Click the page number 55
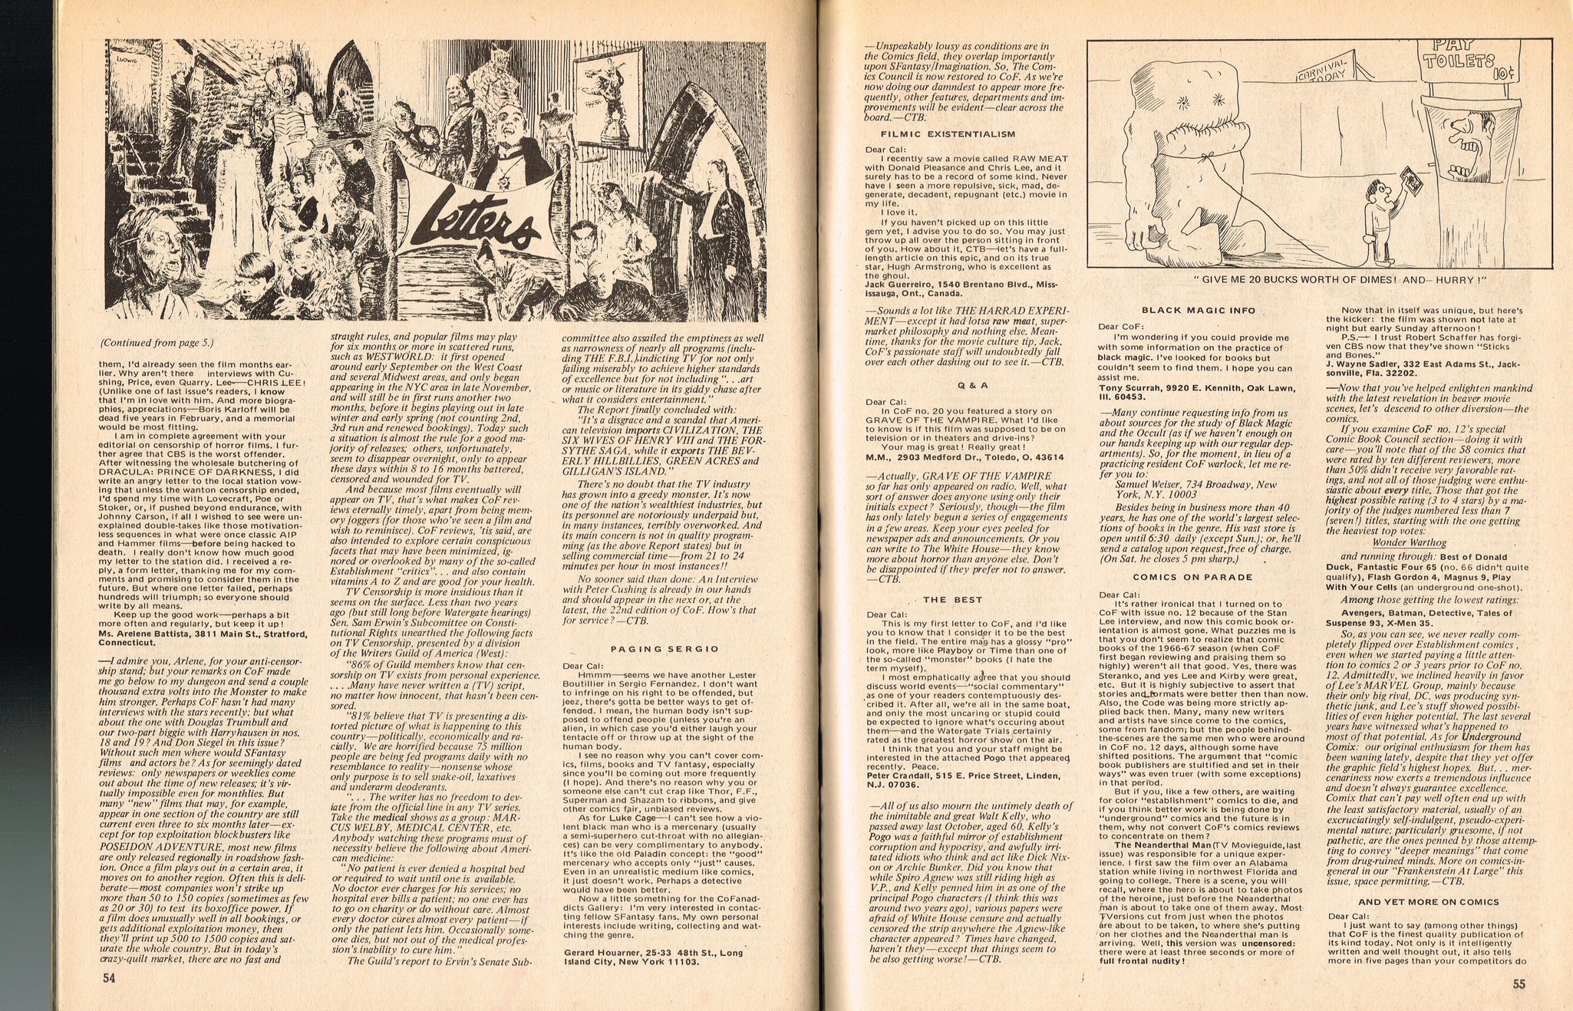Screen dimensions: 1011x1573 click(x=1519, y=986)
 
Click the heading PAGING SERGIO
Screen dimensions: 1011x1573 click(x=664, y=649)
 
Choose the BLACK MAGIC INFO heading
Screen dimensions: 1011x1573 click(x=1199, y=311)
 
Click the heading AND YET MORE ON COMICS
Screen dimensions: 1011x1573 click(x=1423, y=902)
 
